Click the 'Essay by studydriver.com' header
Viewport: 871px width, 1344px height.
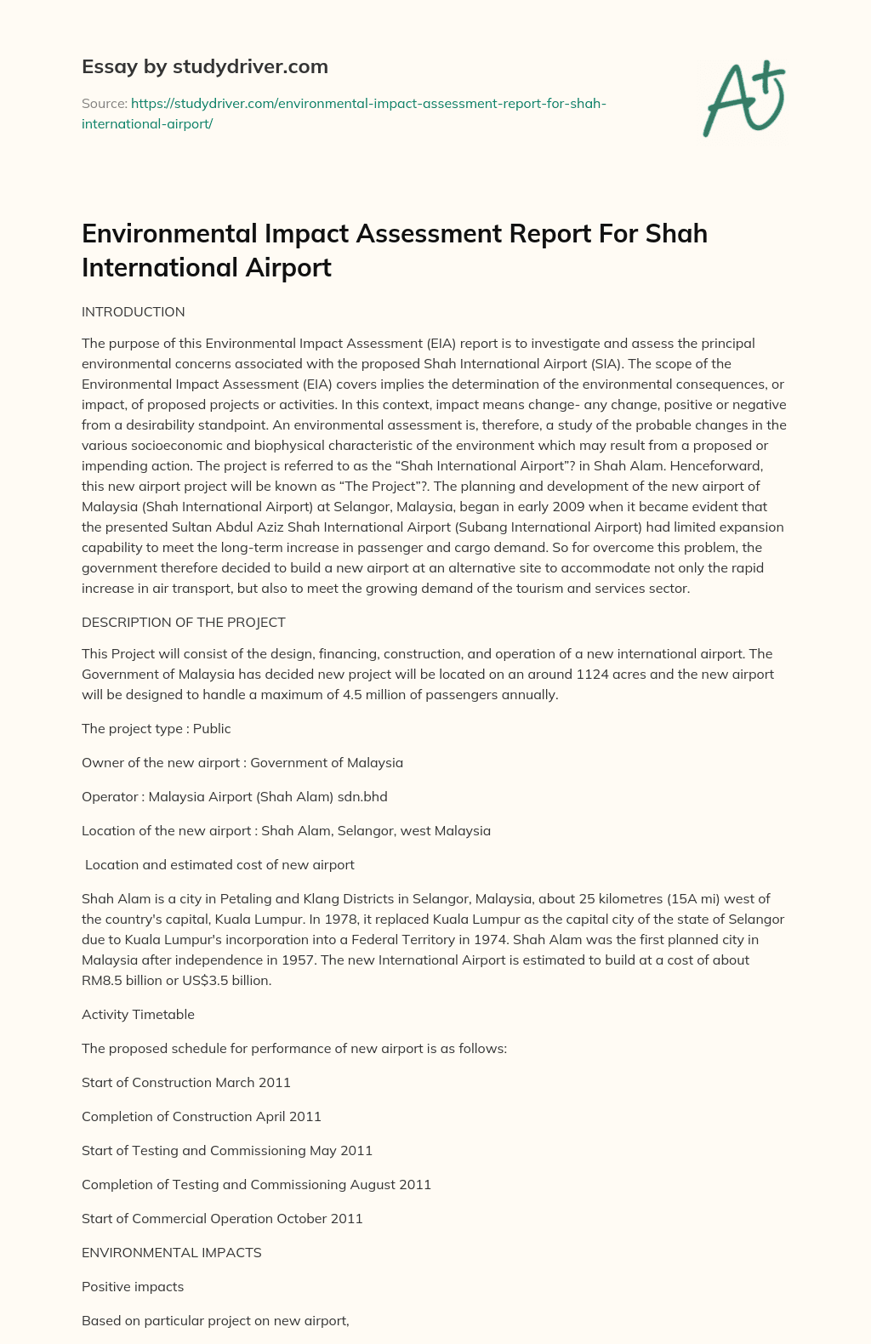pyautogui.click(x=204, y=66)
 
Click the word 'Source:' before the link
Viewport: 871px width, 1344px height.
pyautogui.click(x=104, y=104)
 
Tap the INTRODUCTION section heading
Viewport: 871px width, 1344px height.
pyautogui.click(x=133, y=311)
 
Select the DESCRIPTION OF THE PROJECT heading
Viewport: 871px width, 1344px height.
pyautogui.click(x=183, y=622)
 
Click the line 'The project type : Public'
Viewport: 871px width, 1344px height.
pyautogui.click(x=156, y=728)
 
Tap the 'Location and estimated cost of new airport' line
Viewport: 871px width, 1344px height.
pyautogui.click(x=219, y=864)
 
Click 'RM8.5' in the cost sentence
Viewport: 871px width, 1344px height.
pyautogui.click(x=100, y=980)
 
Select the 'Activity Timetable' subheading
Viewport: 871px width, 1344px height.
pyautogui.click(x=138, y=1014)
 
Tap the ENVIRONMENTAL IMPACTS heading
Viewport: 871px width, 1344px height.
pyautogui.click(x=171, y=1252)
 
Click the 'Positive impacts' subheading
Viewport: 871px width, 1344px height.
pyautogui.click(x=133, y=1286)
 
